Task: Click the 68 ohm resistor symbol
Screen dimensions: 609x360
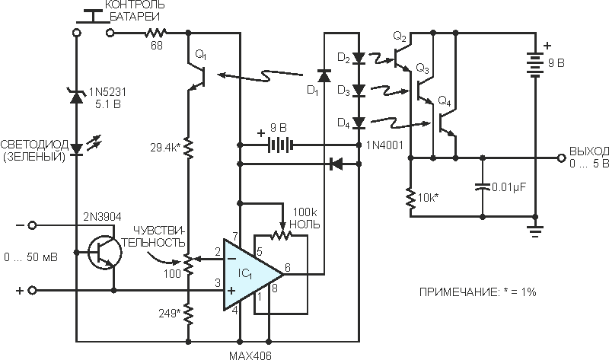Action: point(156,33)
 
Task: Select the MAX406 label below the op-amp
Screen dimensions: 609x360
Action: point(250,355)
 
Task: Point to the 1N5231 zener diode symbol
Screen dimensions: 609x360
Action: point(77,97)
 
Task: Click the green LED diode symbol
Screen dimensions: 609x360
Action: point(77,148)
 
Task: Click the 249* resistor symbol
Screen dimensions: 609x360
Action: point(188,314)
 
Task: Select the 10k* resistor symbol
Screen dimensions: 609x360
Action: point(410,198)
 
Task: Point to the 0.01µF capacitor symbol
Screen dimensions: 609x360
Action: point(483,187)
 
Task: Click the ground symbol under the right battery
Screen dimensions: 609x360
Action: point(536,231)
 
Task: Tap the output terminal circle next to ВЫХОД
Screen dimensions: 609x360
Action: point(560,158)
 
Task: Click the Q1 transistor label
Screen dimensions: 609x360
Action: point(201,55)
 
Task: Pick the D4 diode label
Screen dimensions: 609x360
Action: point(344,123)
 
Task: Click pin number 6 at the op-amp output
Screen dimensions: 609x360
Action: point(288,267)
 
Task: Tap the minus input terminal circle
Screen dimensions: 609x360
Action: point(32,225)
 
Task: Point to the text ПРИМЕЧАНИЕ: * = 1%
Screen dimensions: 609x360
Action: point(478,292)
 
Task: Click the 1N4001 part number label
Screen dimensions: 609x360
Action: point(385,145)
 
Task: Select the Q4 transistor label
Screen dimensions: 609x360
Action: point(445,102)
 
